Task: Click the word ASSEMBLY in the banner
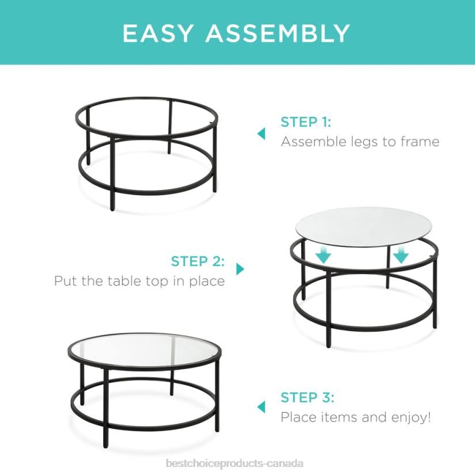[278, 33]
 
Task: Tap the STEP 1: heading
[306, 122]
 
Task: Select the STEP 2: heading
[197, 261]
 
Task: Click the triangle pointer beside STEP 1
[261, 134]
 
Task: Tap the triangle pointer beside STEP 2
[240, 269]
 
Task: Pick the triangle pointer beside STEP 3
[261, 406]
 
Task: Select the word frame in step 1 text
[419, 142]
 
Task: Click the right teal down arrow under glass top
[400, 254]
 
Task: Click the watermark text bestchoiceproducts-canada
[234, 463]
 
